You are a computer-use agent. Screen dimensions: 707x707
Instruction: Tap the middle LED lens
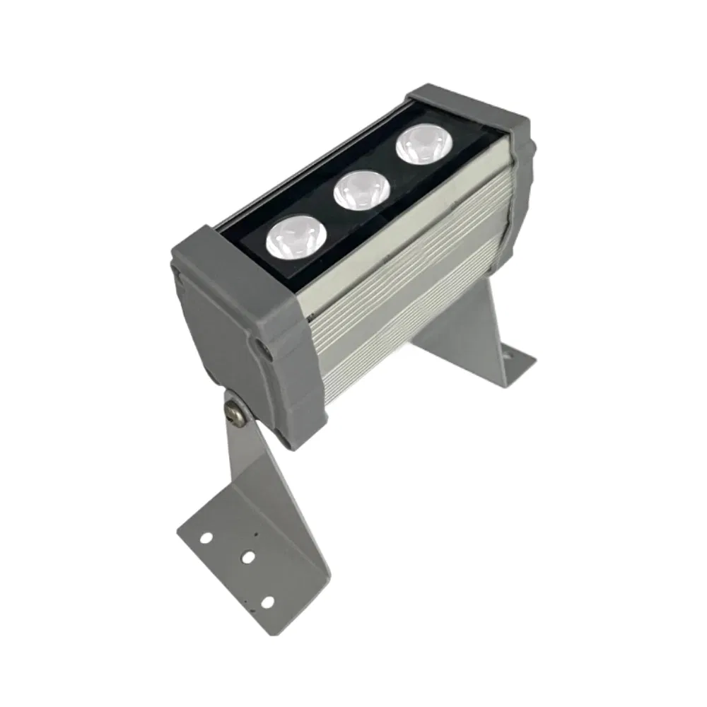(x=361, y=189)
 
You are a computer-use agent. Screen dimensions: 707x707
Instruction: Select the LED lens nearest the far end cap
(x=424, y=145)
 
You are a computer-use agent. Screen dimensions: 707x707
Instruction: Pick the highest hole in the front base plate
(x=205, y=538)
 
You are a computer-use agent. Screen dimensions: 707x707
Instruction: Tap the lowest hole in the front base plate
(x=267, y=602)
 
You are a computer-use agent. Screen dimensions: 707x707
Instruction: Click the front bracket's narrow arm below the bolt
(x=240, y=460)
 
